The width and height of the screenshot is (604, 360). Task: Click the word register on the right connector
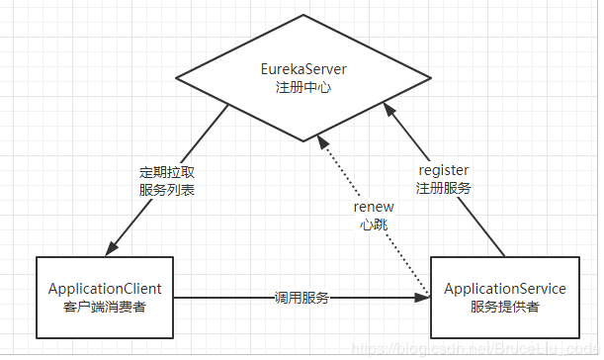(x=444, y=170)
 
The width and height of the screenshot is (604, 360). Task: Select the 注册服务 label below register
(x=444, y=187)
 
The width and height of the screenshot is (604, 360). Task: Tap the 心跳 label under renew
(x=374, y=225)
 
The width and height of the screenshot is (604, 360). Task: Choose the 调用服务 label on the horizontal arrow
(x=302, y=297)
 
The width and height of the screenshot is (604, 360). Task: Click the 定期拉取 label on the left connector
(x=166, y=171)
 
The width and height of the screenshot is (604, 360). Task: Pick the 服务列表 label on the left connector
(x=166, y=188)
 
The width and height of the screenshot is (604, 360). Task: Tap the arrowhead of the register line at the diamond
(x=392, y=102)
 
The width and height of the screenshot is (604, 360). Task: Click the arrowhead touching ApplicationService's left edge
(x=424, y=297)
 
